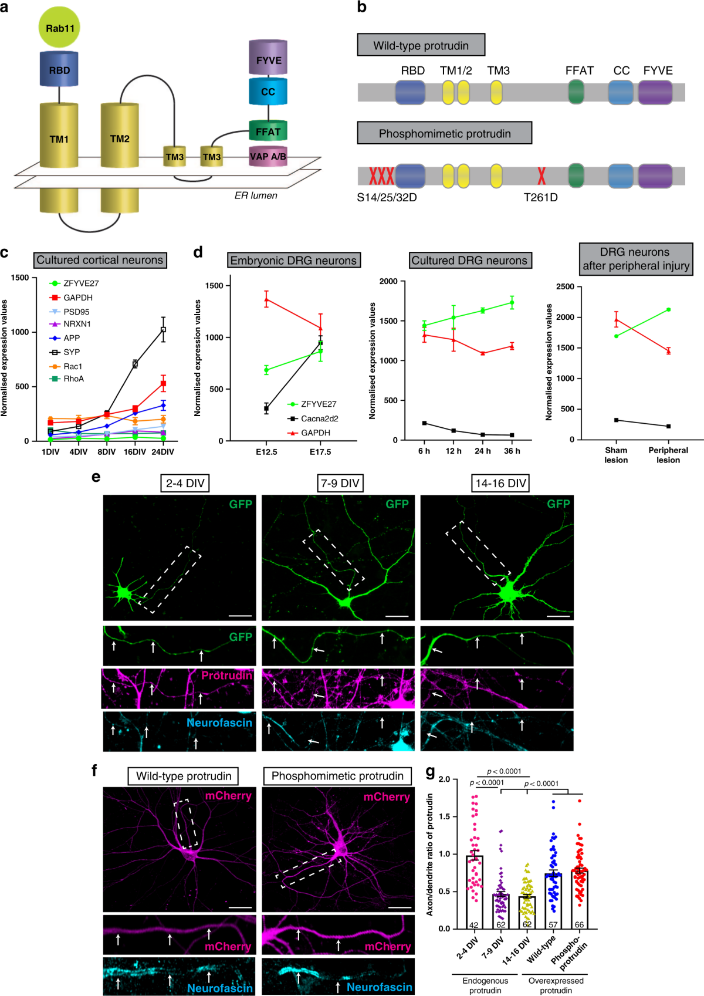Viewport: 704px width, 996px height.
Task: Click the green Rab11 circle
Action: [x=59, y=28]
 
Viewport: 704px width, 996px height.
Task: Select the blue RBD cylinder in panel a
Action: [x=59, y=70]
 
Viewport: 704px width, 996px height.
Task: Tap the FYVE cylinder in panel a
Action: [x=268, y=59]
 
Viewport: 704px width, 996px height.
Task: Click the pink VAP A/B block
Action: [x=268, y=157]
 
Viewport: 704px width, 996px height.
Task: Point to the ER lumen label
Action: [x=256, y=195]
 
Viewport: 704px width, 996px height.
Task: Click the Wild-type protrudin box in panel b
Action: [x=421, y=45]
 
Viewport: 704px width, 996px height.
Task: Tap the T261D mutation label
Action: [x=540, y=198]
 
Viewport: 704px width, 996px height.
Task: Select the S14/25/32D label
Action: [x=387, y=198]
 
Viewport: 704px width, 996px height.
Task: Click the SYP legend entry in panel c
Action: [x=71, y=352]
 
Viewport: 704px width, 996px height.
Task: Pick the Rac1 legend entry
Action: [x=72, y=366]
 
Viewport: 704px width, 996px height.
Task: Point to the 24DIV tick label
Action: [x=163, y=452]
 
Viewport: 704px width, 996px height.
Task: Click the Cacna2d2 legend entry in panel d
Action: [x=319, y=418]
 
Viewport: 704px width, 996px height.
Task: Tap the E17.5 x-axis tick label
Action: [x=320, y=452]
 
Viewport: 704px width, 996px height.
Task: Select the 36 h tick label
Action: [x=512, y=451]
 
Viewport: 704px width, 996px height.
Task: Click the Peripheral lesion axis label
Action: [x=668, y=455]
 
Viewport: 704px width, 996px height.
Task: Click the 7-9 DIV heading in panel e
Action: [x=340, y=483]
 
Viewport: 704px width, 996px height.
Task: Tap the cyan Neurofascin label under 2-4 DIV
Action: [x=219, y=722]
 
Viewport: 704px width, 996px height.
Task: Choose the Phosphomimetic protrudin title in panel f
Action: [x=337, y=776]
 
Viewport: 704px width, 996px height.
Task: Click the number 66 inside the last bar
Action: [x=579, y=924]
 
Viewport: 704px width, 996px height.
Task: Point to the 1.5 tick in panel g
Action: [x=444, y=816]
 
